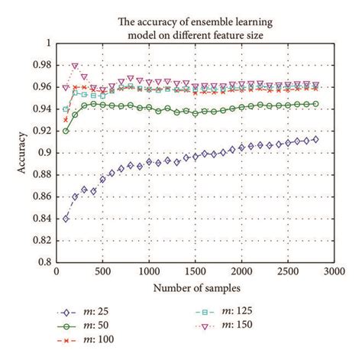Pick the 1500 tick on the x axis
tap(196, 271)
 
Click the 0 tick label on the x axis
tap(57, 271)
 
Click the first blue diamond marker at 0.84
tap(66, 218)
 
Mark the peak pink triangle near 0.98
tap(75, 66)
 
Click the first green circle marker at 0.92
tap(66, 131)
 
